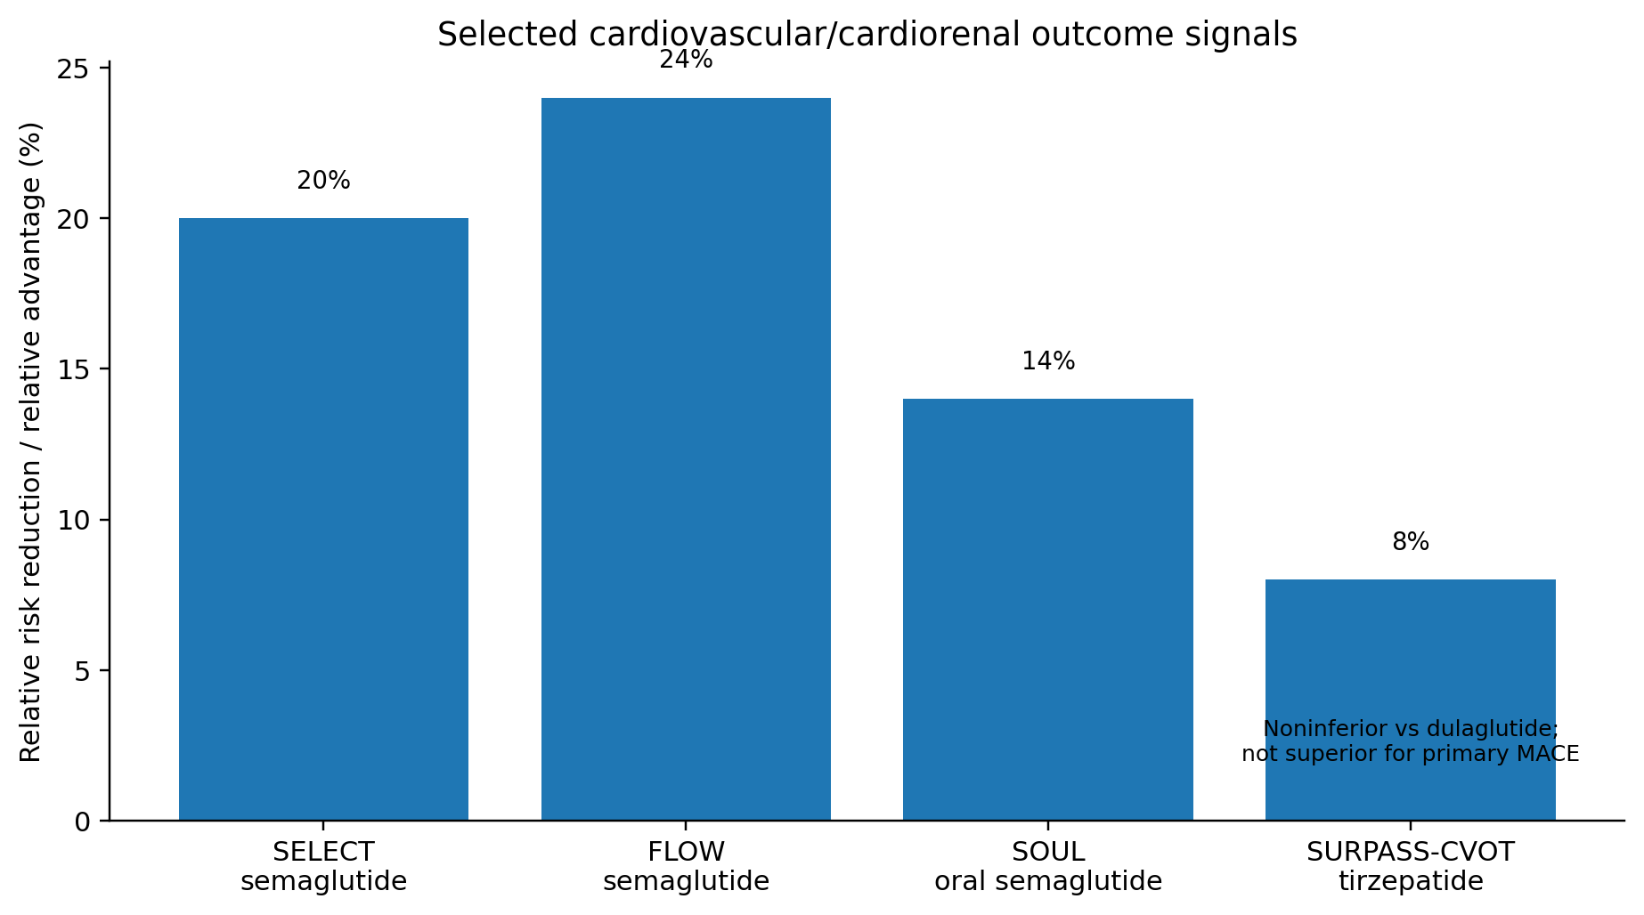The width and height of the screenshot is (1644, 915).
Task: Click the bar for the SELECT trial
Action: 323,519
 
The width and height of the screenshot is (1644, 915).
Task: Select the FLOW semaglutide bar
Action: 686,459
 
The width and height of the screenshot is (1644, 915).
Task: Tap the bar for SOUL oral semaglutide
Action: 1048,610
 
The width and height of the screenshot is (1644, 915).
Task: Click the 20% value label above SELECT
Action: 323,181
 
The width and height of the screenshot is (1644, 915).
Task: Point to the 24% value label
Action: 686,60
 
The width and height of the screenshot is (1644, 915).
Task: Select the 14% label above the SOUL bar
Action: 1048,361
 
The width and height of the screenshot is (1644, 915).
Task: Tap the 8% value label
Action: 1411,542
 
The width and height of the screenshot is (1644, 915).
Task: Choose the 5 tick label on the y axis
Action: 82,670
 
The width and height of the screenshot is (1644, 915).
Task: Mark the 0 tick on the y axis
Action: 82,821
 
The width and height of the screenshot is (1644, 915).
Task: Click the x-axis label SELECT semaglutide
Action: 323,867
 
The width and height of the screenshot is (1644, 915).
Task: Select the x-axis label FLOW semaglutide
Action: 686,867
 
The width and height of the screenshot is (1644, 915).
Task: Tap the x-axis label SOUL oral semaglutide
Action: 1048,867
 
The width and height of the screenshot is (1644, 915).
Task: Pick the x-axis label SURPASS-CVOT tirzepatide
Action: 1411,867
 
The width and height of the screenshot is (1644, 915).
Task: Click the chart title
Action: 867,34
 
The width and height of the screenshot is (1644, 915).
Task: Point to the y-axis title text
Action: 31,442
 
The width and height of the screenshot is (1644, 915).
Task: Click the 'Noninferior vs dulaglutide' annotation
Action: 1411,728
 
